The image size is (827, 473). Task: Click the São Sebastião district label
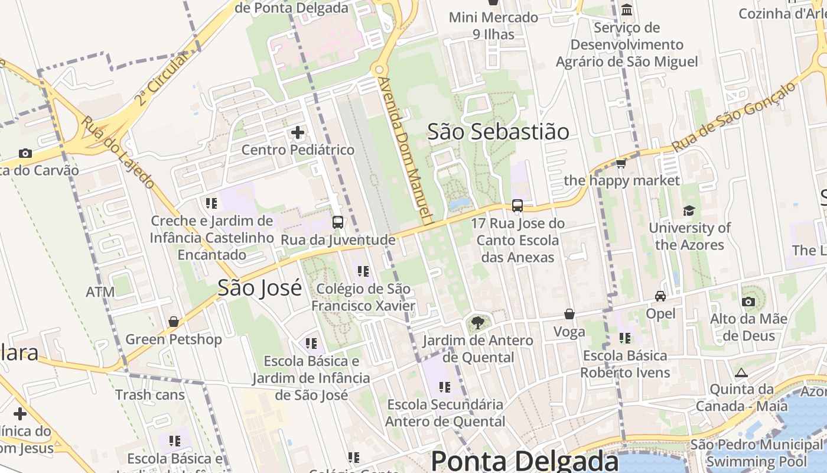pyautogui.click(x=498, y=132)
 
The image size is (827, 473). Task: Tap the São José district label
pyautogui.click(x=259, y=288)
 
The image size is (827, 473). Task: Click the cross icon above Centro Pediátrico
pyautogui.click(x=298, y=132)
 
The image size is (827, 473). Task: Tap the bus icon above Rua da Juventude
pyautogui.click(x=338, y=222)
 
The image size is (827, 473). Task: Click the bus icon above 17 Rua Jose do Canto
pyautogui.click(x=517, y=206)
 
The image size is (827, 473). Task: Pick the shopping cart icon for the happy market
pyautogui.click(x=621, y=163)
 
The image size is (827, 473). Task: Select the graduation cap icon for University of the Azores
pyautogui.click(x=689, y=210)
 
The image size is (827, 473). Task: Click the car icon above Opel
pyautogui.click(x=660, y=296)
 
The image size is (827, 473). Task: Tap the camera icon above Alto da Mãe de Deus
pyautogui.click(x=748, y=302)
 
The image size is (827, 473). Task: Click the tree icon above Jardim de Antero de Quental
pyautogui.click(x=477, y=323)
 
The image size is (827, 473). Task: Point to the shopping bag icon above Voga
pyautogui.click(x=569, y=314)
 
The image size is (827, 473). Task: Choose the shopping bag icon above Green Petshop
pyautogui.click(x=174, y=322)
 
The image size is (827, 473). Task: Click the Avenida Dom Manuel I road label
pyautogui.click(x=408, y=151)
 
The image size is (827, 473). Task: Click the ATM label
pyautogui.click(x=100, y=292)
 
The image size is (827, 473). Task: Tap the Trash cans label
pyautogui.click(x=150, y=394)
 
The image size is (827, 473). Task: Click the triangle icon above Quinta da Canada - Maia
pyautogui.click(x=741, y=372)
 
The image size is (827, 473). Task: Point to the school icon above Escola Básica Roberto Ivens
pyautogui.click(x=625, y=338)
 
